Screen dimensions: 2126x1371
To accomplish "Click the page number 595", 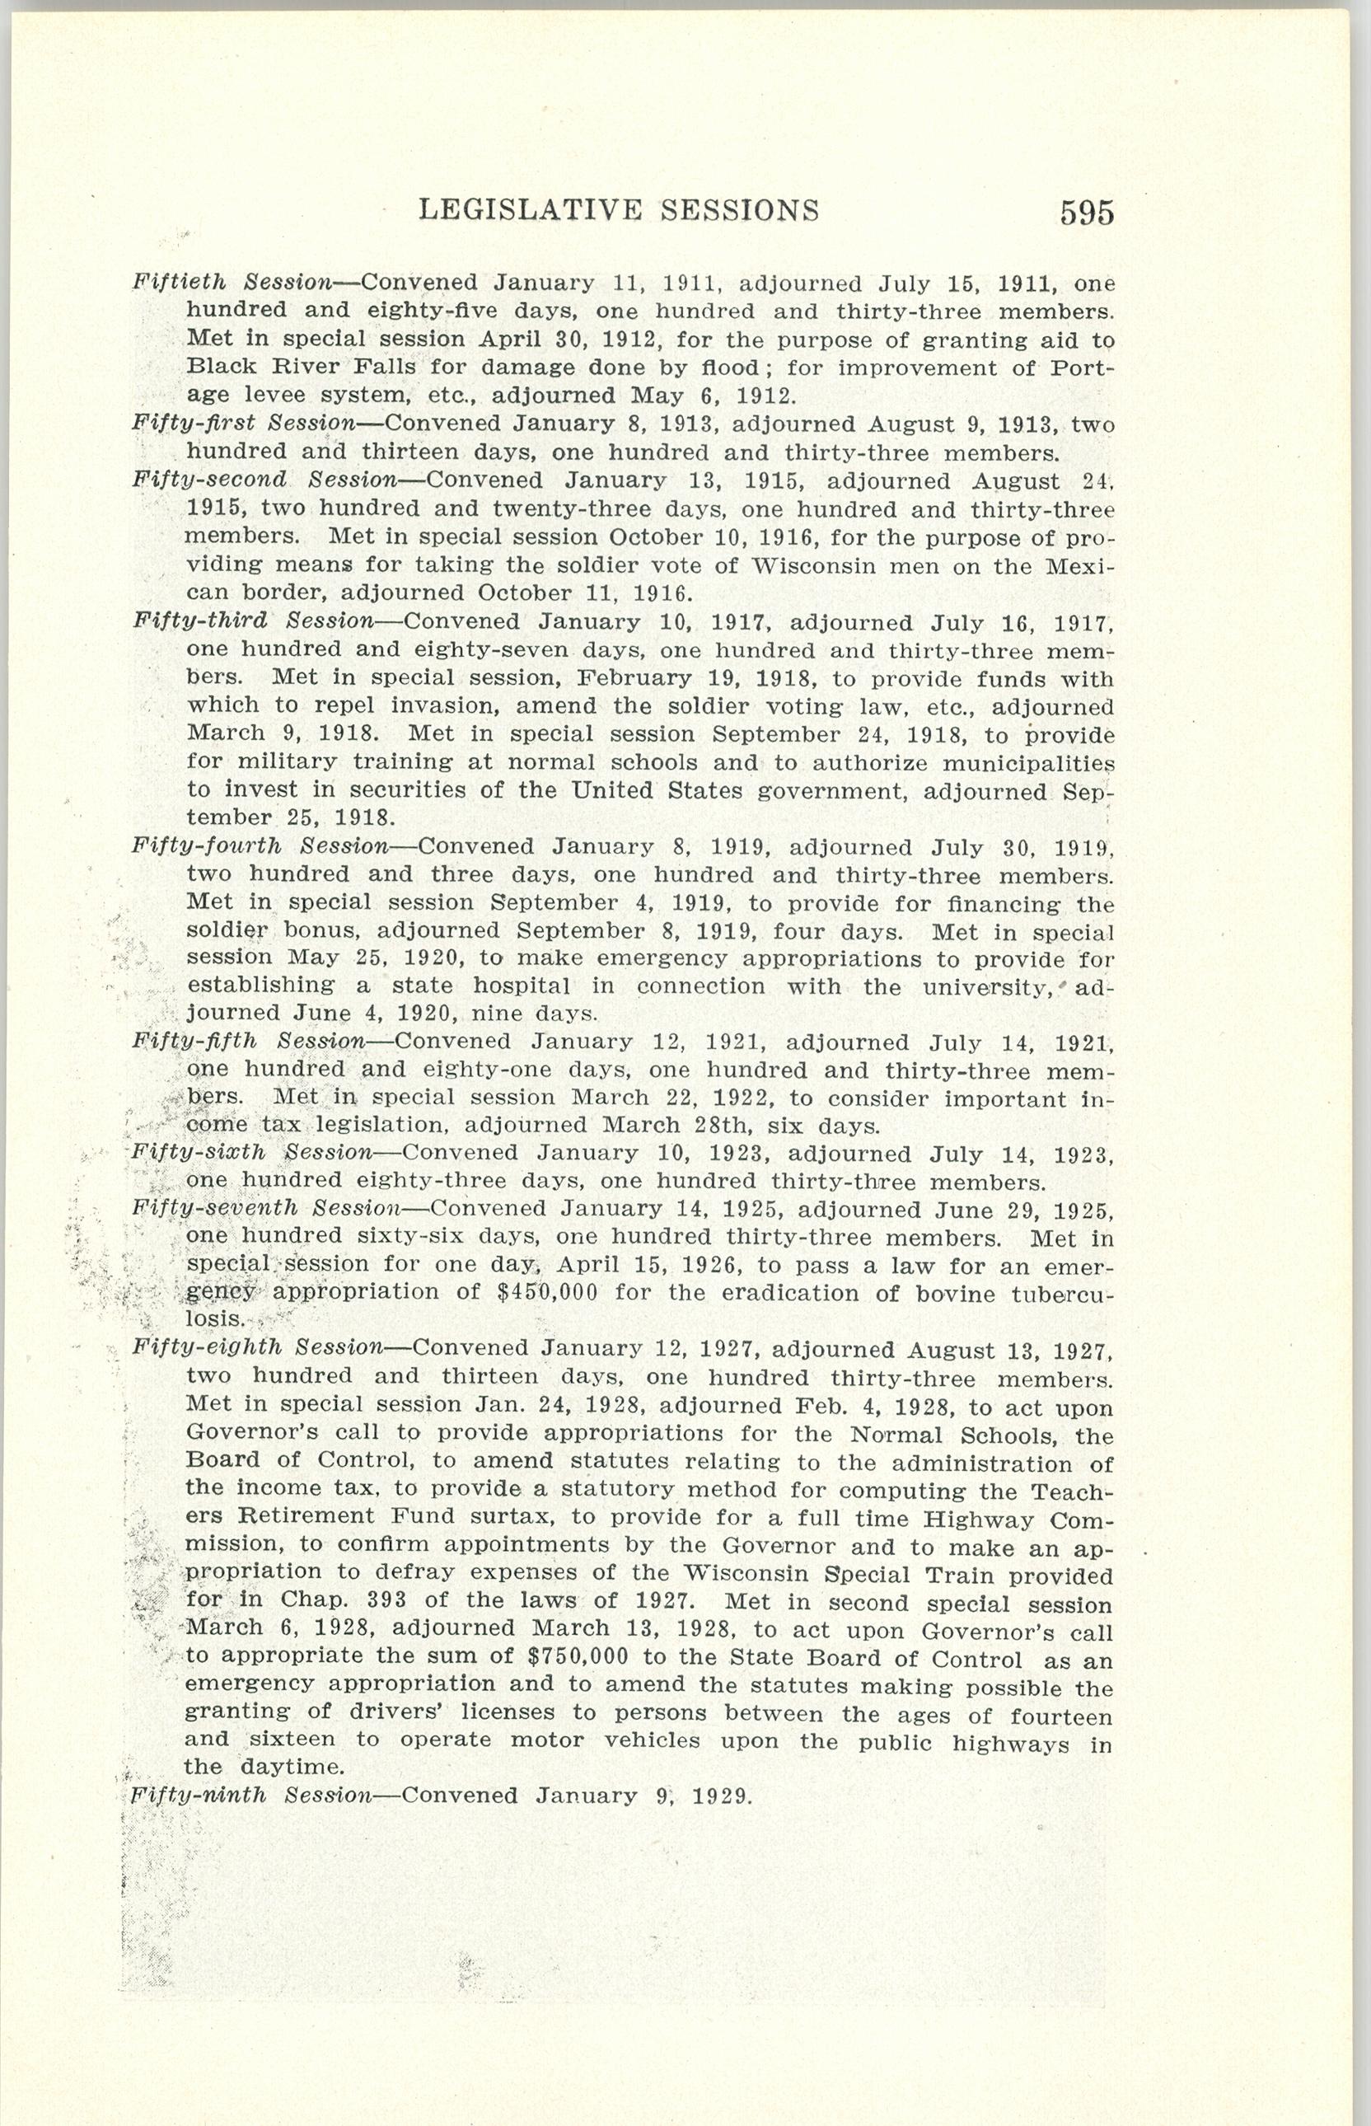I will (1086, 213).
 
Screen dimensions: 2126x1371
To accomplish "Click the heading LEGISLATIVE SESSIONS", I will (619, 209).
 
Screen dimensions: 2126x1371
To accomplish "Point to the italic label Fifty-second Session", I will (264, 480).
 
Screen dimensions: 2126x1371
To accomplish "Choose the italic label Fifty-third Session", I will (253, 620).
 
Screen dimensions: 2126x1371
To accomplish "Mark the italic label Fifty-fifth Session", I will (248, 1041).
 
